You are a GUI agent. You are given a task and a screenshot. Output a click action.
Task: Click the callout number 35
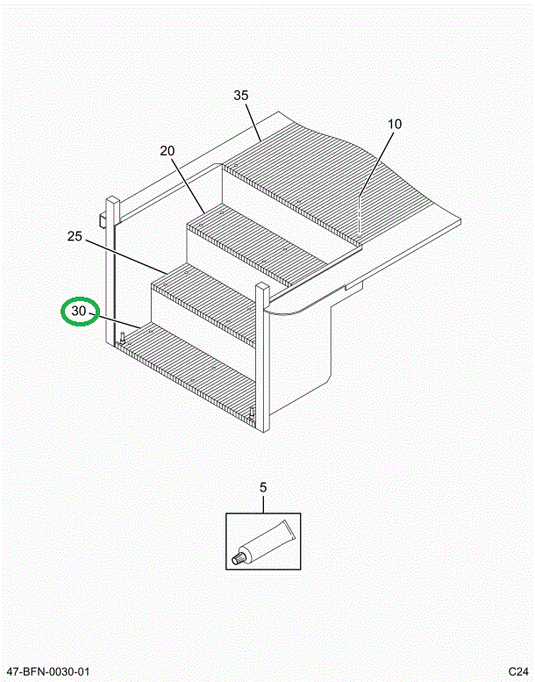[x=241, y=96]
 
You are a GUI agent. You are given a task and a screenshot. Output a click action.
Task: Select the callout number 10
[x=395, y=124]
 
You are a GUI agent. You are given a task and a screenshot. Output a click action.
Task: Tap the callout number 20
[x=168, y=151]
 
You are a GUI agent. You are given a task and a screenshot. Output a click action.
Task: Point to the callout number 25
[x=75, y=236]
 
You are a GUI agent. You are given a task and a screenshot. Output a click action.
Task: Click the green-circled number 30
[x=79, y=311]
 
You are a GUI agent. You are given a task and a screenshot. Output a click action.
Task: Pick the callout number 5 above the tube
[x=263, y=487]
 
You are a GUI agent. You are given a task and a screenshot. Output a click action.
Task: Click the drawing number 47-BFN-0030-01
[x=48, y=671]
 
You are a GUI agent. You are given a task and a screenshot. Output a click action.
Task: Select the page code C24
[x=519, y=671]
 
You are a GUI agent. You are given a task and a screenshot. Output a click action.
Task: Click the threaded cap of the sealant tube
[x=238, y=558]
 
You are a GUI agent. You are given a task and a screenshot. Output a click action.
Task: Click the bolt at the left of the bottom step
[x=123, y=338]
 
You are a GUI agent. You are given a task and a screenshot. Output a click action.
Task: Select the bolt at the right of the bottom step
[x=252, y=413]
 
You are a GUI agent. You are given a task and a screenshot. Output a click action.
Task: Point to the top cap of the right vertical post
[x=263, y=286]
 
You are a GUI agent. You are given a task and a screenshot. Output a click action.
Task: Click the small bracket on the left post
[x=103, y=220]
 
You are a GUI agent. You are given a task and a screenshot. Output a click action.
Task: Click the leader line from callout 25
[x=126, y=256]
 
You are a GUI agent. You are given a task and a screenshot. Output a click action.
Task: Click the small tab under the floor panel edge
[x=354, y=285]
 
